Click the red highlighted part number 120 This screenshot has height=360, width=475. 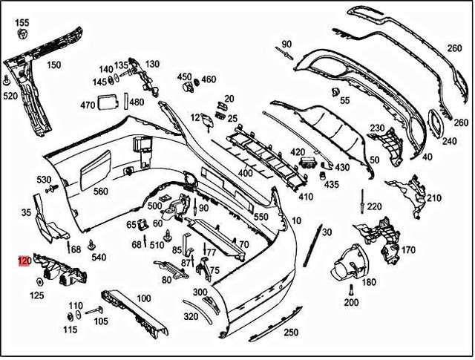[x=24, y=261]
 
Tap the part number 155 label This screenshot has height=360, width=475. [x=22, y=23]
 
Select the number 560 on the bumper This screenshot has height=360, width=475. [x=101, y=191]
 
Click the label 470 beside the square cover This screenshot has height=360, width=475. [x=88, y=105]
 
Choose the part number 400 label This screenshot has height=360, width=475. [x=245, y=173]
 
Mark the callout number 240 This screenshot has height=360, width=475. [x=450, y=141]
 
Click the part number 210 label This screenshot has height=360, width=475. [x=433, y=197]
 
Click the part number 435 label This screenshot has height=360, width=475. [x=331, y=184]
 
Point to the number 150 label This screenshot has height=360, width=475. [x=54, y=65]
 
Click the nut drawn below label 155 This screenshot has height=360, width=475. [x=22, y=36]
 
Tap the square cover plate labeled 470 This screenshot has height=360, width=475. [x=109, y=101]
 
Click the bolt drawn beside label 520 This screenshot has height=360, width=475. [x=7, y=80]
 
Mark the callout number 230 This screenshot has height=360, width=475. [x=377, y=128]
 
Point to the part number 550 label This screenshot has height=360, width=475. [x=261, y=217]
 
